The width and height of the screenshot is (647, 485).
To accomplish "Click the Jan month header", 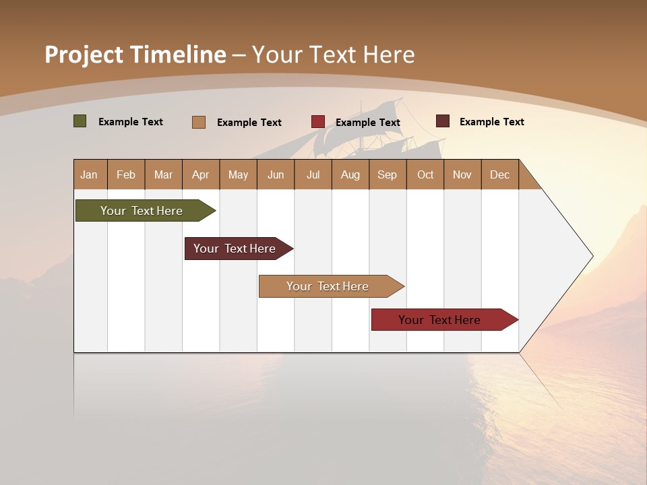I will point(89,174).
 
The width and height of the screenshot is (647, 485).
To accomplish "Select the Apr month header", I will point(200,174).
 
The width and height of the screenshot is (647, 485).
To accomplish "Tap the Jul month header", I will point(313,174).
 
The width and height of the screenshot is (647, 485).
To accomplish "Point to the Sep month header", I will point(387,174).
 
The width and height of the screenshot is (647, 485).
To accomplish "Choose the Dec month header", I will point(499,174).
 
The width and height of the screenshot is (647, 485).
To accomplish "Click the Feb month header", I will point(126,174).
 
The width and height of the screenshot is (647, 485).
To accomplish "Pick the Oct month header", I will point(425,174).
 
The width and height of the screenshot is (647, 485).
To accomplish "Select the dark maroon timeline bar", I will point(236,249).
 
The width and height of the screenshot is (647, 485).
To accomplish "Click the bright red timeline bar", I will point(441,320).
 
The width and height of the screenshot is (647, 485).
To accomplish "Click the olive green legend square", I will point(80,121).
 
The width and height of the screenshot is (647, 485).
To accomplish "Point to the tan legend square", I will point(198,122).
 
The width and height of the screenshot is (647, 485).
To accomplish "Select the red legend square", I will point(317,122).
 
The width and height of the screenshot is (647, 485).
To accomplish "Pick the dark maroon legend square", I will point(442,121).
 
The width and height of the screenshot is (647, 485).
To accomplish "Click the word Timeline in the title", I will point(178,55).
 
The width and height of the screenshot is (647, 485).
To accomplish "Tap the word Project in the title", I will point(84,55).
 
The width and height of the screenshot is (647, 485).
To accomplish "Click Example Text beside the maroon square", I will point(491,122).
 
